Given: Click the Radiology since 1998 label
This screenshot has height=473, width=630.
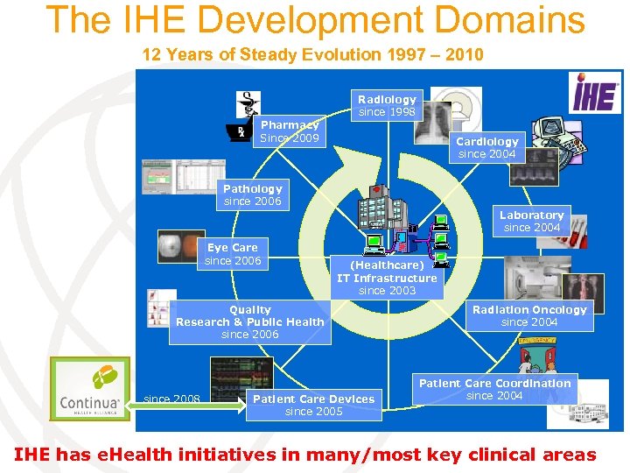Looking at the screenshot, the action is pos(387,105).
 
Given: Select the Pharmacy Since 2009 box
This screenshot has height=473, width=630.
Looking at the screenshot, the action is pos(290,131).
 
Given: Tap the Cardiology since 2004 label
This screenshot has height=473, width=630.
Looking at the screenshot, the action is pos(487,147).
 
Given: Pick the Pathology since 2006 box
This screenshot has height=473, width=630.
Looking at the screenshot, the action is pos(252,194).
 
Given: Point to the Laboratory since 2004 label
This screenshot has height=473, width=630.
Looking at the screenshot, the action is pos(531,221).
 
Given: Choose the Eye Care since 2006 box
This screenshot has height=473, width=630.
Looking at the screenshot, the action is pos(232,254).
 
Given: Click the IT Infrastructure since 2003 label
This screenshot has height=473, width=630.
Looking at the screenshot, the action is pos(387,277).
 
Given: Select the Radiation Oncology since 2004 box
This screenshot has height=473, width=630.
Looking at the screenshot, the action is pos(529,315).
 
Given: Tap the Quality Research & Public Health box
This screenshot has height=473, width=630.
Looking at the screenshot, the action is pos(249,321).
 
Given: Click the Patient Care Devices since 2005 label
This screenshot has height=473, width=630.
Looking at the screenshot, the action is pos(313,405).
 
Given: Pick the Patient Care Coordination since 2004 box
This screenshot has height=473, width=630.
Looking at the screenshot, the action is pos(494,389).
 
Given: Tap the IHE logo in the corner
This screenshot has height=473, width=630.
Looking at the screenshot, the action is pos(595,92).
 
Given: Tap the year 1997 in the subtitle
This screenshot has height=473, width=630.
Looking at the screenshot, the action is pos(367,54).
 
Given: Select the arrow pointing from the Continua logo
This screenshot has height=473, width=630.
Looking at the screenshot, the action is pos(223,404).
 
